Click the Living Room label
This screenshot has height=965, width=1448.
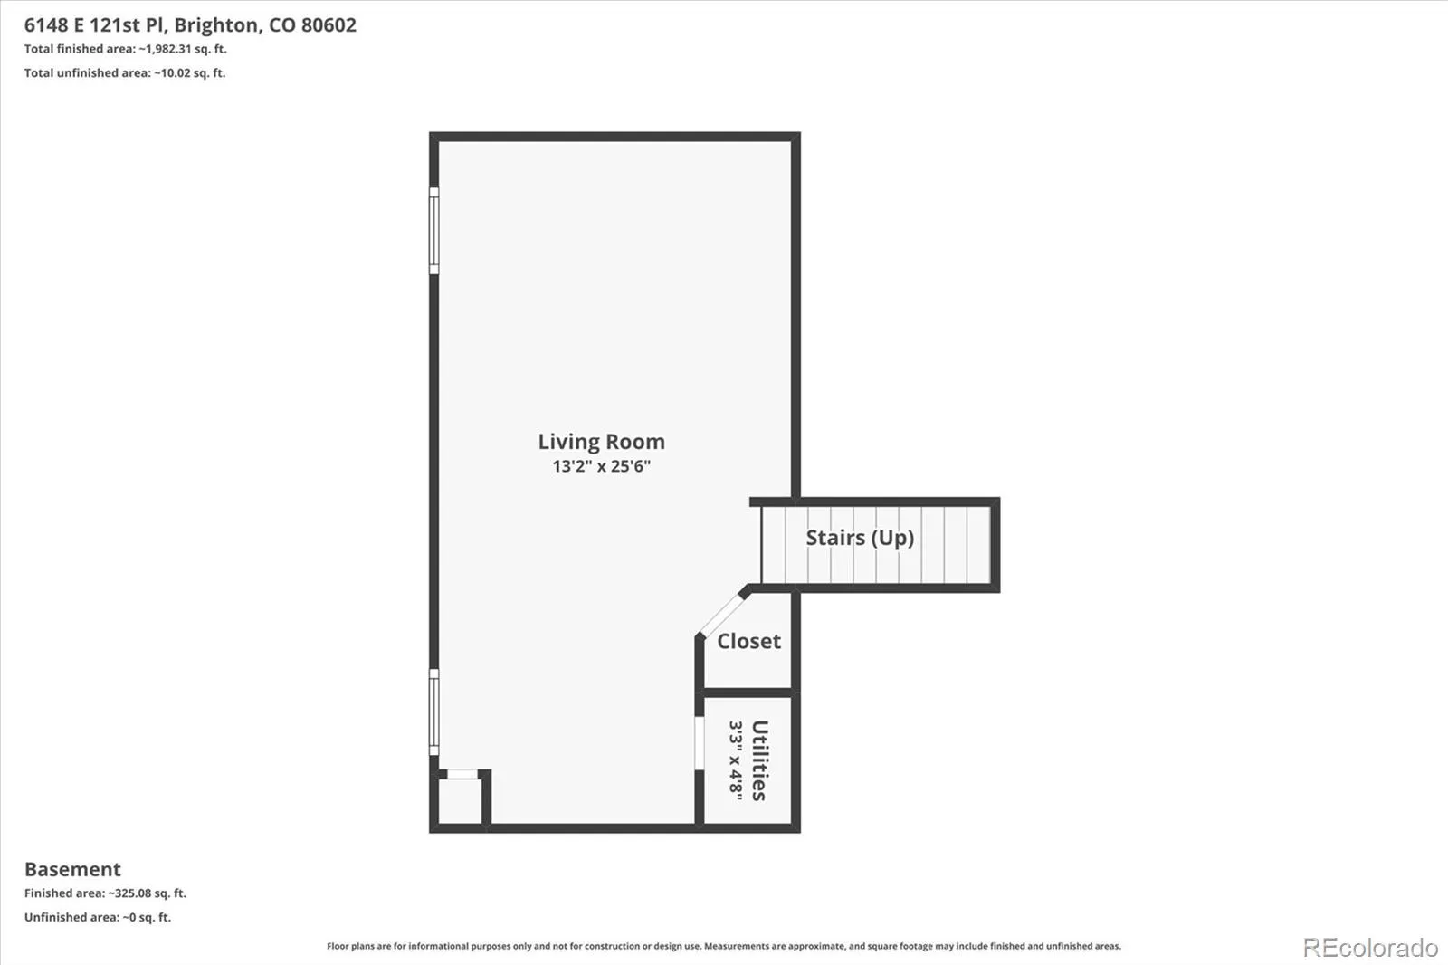click(601, 442)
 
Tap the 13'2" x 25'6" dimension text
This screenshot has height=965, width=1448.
click(601, 466)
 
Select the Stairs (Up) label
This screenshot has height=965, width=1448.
click(860, 538)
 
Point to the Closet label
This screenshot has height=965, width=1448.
click(748, 641)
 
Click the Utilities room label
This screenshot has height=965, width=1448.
click(760, 760)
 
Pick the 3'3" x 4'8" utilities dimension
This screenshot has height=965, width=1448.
click(736, 760)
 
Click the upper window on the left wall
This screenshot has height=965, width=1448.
click(434, 231)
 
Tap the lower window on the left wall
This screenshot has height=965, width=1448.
click(434, 712)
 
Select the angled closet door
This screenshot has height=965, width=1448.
click(722, 614)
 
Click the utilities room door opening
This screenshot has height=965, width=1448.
click(700, 742)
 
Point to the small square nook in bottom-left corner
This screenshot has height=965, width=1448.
click(460, 800)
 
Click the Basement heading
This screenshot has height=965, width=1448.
click(72, 869)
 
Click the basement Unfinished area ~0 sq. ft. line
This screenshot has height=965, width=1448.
click(98, 917)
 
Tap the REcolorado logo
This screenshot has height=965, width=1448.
click(1370, 948)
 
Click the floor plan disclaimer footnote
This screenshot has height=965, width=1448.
click(724, 946)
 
